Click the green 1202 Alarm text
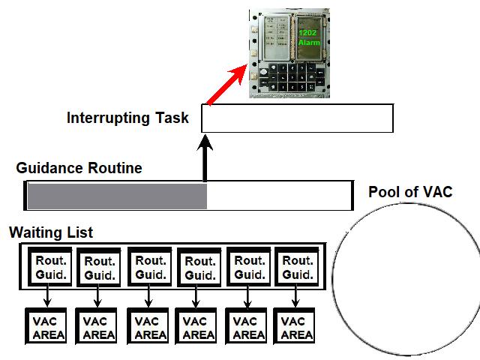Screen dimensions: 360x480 [x=308, y=38]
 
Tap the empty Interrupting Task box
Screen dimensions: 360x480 [x=297, y=118]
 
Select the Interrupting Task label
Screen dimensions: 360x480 [x=127, y=118]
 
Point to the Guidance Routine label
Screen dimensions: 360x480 [x=79, y=168]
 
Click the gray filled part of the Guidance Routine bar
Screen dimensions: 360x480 [x=116, y=196]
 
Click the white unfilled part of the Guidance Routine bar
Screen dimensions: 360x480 [x=277, y=196]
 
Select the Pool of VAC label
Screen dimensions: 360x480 [x=410, y=192]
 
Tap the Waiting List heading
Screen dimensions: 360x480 [x=51, y=232]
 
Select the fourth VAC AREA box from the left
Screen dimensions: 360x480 [x=198, y=328]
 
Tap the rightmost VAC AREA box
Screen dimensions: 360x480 [x=296, y=328]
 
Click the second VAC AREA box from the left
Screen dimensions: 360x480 [x=98, y=328]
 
